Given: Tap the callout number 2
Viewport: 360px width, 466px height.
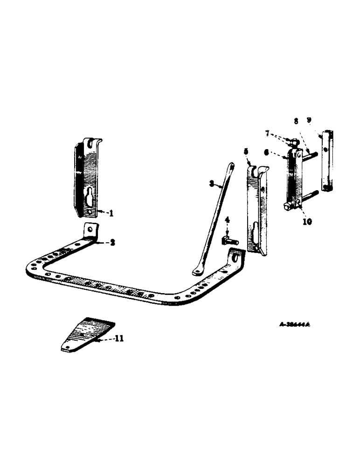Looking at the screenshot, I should (113, 242).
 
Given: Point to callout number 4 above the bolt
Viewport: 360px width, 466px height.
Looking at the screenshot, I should (227, 219).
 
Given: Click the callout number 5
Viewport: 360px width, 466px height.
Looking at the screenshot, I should (245, 151).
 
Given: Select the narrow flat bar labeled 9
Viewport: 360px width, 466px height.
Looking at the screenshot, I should (326, 161).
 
